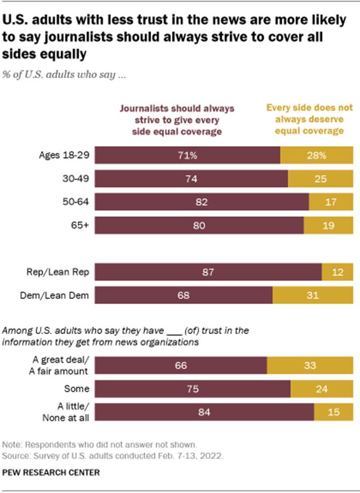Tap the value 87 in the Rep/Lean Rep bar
[207, 272]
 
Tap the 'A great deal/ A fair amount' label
[63, 365]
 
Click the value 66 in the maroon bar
[180, 365]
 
